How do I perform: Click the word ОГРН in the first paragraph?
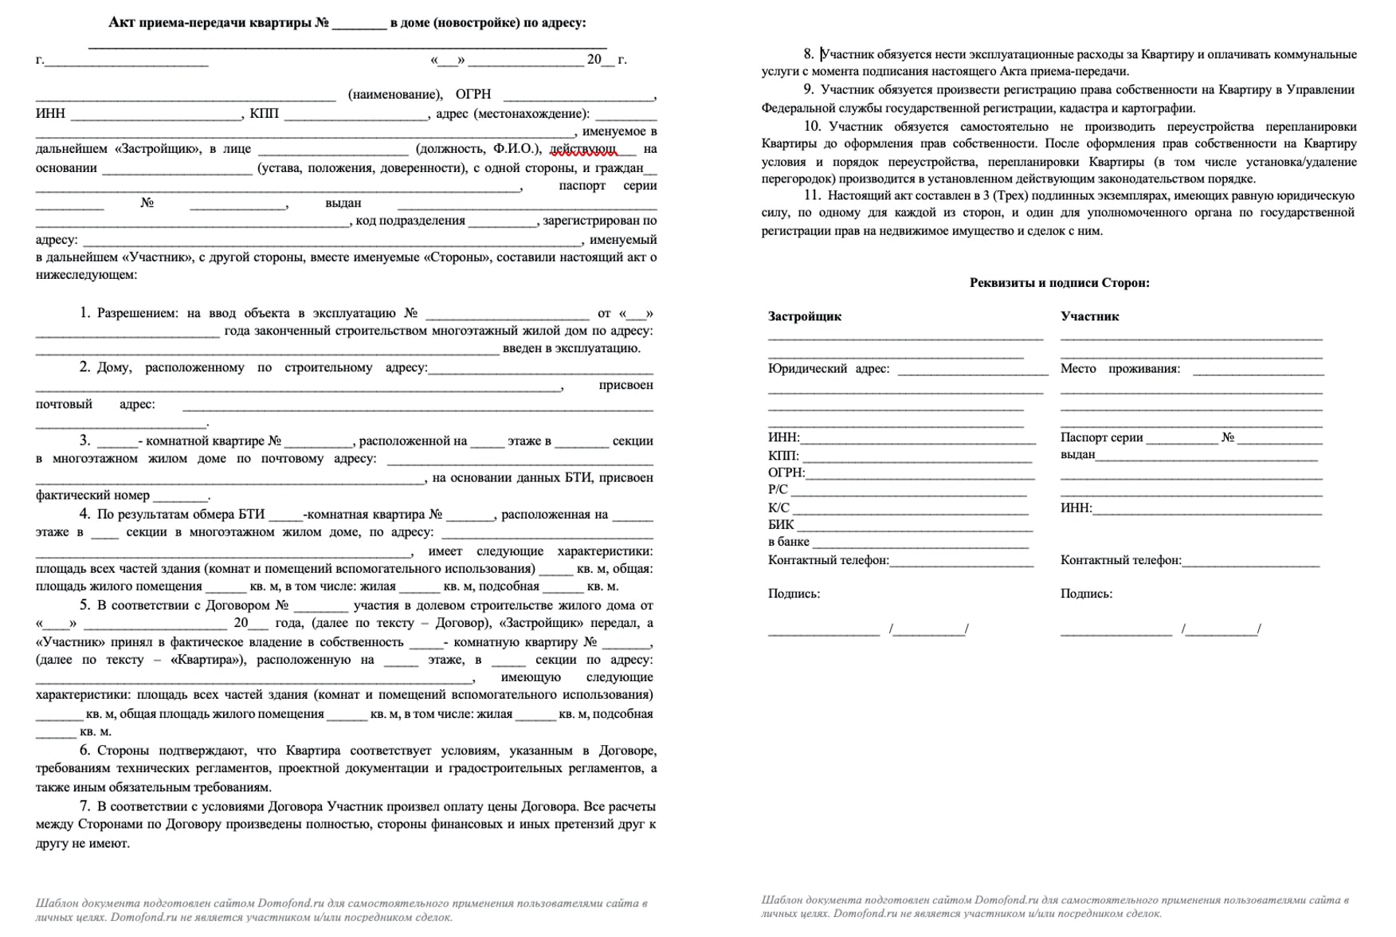point(473,94)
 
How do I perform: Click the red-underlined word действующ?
point(582,148)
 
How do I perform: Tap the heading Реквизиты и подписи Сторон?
point(1059,283)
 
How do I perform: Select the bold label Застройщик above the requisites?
point(804,316)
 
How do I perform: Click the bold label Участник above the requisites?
point(1089,316)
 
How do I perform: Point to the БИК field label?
point(781,525)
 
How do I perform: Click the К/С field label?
point(778,508)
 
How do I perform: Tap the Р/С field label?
point(778,489)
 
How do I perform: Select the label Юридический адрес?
point(828,369)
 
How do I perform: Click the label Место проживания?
point(1120,369)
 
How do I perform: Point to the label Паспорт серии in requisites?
point(1101,437)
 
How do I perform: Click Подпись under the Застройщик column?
point(794,594)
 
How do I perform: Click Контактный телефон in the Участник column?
point(1120,560)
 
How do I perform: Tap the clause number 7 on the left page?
point(84,806)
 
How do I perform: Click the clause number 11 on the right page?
point(812,195)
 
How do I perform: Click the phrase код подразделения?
point(410,221)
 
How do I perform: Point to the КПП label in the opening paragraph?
point(264,113)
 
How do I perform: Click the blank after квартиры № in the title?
point(359,24)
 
